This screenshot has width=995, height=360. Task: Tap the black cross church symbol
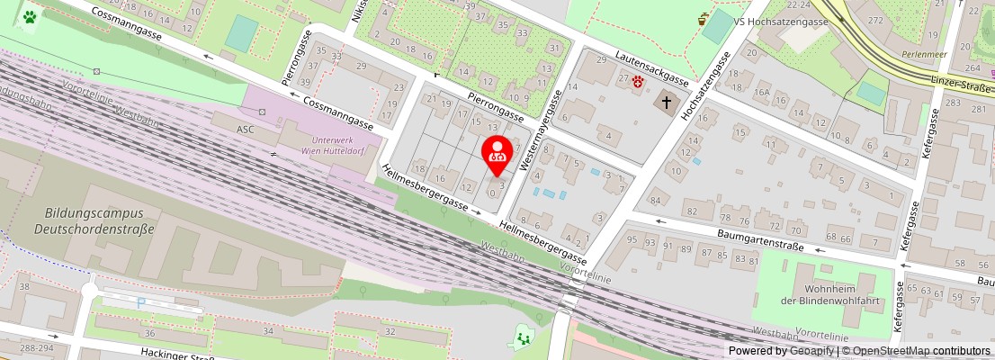(x=667, y=102)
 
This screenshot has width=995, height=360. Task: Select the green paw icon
(x=31, y=16)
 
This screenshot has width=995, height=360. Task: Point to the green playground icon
(x=522, y=337)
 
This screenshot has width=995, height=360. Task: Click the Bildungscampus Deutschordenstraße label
(x=99, y=221)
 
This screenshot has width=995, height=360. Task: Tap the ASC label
(x=246, y=130)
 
